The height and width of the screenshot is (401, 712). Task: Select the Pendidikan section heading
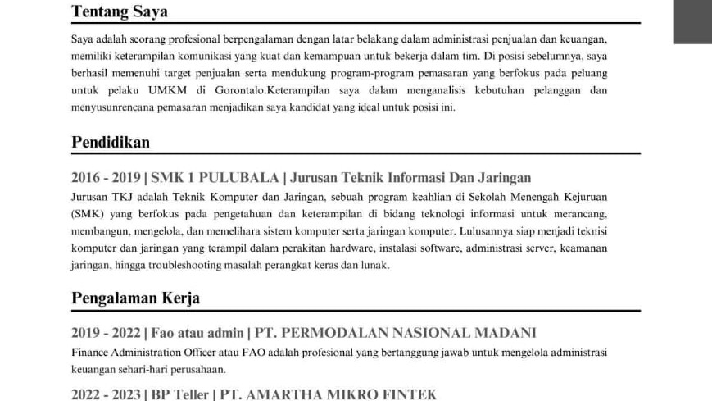pos(111,142)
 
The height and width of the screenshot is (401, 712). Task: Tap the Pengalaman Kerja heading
pos(136,298)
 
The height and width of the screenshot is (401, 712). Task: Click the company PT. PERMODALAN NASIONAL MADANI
pos(396,332)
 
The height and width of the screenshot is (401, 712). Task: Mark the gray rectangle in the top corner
pos(692,21)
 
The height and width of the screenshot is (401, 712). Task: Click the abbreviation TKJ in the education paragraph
pos(129,197)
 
